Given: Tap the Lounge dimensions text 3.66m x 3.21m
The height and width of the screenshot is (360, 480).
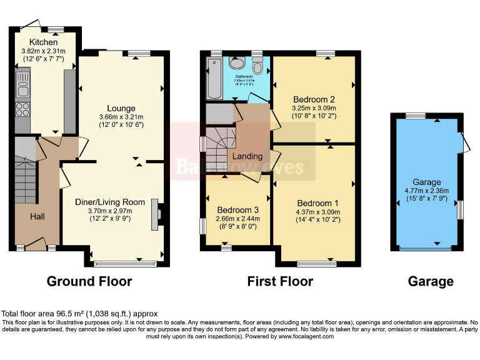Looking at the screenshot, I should point(121,117).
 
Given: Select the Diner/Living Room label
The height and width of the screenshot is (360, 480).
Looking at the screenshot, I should point(110,202).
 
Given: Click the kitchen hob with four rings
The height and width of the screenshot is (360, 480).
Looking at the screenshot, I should point(22,109).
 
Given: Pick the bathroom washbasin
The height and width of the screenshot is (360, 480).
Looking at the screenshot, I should point(237,63).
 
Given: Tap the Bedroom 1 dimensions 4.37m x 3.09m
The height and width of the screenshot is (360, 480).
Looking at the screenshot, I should point(318,212).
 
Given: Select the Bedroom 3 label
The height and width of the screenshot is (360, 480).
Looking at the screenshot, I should point(237,209).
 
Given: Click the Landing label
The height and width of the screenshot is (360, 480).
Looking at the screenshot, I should point(247,156).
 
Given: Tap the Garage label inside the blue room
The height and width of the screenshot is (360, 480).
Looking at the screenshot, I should point(426,182).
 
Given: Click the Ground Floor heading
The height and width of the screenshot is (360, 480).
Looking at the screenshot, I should point(89,281).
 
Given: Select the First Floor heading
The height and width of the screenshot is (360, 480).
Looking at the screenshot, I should point(280,281).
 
